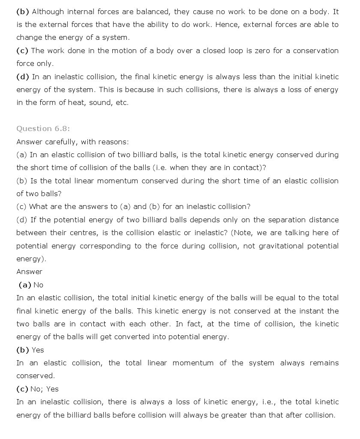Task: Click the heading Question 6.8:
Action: pyautogui.click(x=43, y=128)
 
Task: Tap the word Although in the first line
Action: pyautogui.click(x=47, y=12)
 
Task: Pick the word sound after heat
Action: pyautogui.click(x=100, y=103)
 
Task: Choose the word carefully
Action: pyautogui.click(x=62, y=142)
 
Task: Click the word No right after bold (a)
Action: pyautogui.click(x=38, y=285)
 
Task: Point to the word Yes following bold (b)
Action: pyautogui.click(x=38, y=350)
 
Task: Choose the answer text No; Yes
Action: pyautogui.click(x=45, y=389)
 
